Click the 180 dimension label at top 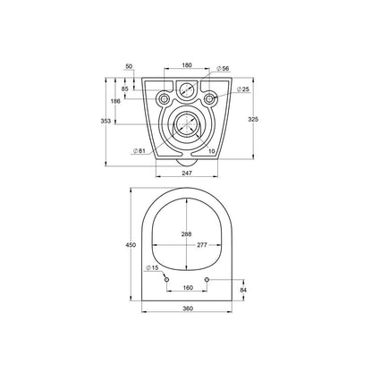(x=187, y=65)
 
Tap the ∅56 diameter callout (x=223, y=69)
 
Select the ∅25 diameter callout (x=243, y=89)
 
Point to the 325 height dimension (x=253, y=119)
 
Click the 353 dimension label (x=106, y=122)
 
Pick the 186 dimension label (x=115, y=101)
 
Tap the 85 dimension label (x=125, y=89)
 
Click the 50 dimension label (x=129, y=66)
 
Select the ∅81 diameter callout (x=139, y=151)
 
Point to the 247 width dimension (x=187, y=173)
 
